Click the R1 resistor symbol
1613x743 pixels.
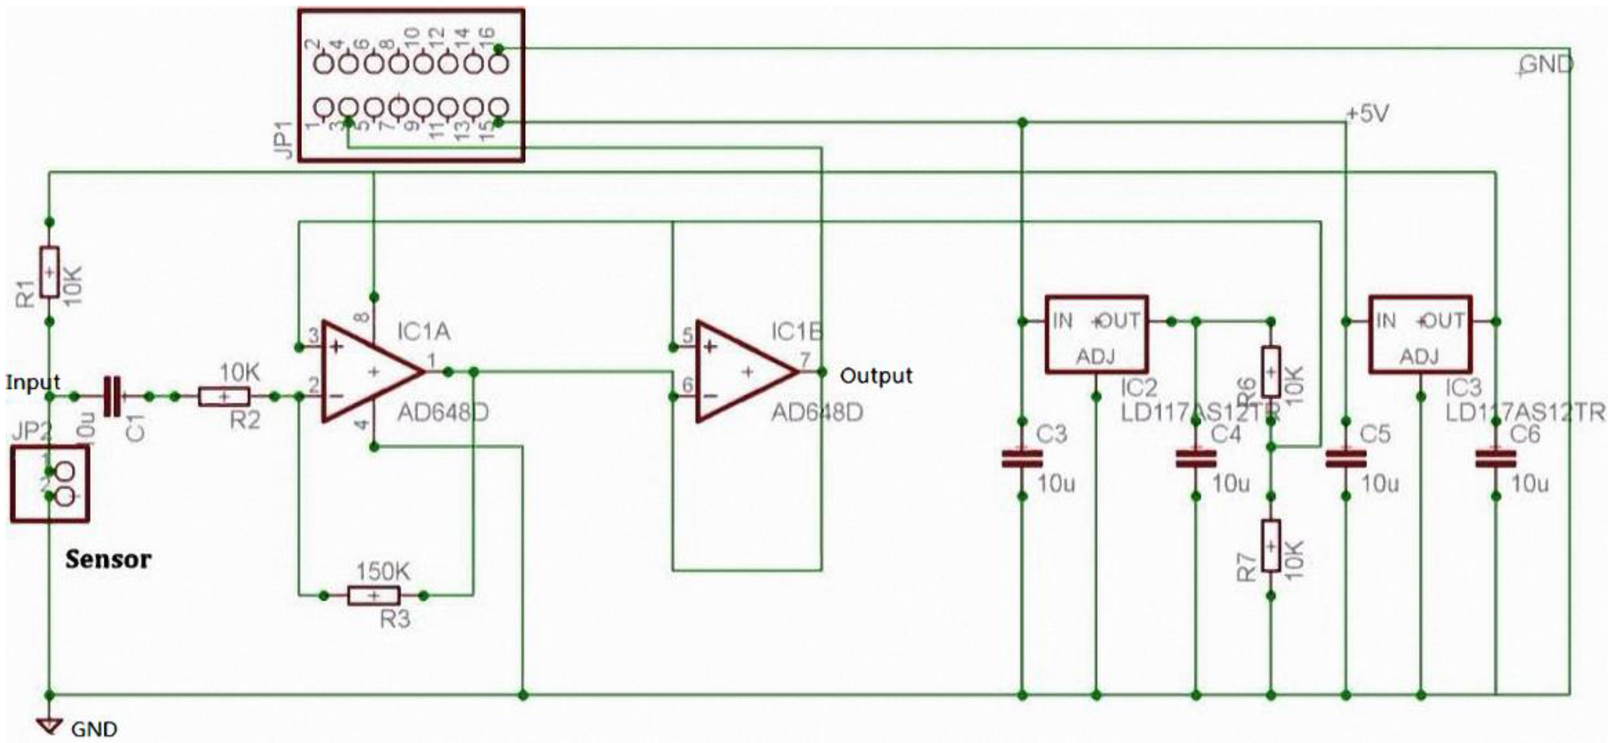pyautogui.click(x=49, y=272)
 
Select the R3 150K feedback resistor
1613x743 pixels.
pyautogui.click(x=374, y=595)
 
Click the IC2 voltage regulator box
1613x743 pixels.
pyautogui.click(x=1096, y=334)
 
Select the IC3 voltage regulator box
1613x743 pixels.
pyautogui.click(x=1420, y=334)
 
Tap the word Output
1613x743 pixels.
pyautogui.click(x=875, y=376)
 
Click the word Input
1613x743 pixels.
pyautogui.click(x=32, y=382)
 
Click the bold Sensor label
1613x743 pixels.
pyautogui.click(x=108, y=559)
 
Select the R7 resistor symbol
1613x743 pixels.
pyautogui.click(x=1270, y=545)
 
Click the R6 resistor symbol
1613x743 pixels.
pyautogui.click(x=1270, y=371)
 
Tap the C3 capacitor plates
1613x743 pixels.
pyautogui.click(x=1022, y=459)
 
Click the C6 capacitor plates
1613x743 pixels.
pyautogui.click(x=1495, y=459)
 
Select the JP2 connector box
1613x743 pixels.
pyautogui.click(x=49, y=484)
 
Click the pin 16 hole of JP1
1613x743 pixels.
pyautogui.click(x=499, y=64)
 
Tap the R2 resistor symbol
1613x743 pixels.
pyautogui.click(x=224, y=396)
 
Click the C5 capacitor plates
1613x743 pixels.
pyautogui.click(x=1345, y=459)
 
